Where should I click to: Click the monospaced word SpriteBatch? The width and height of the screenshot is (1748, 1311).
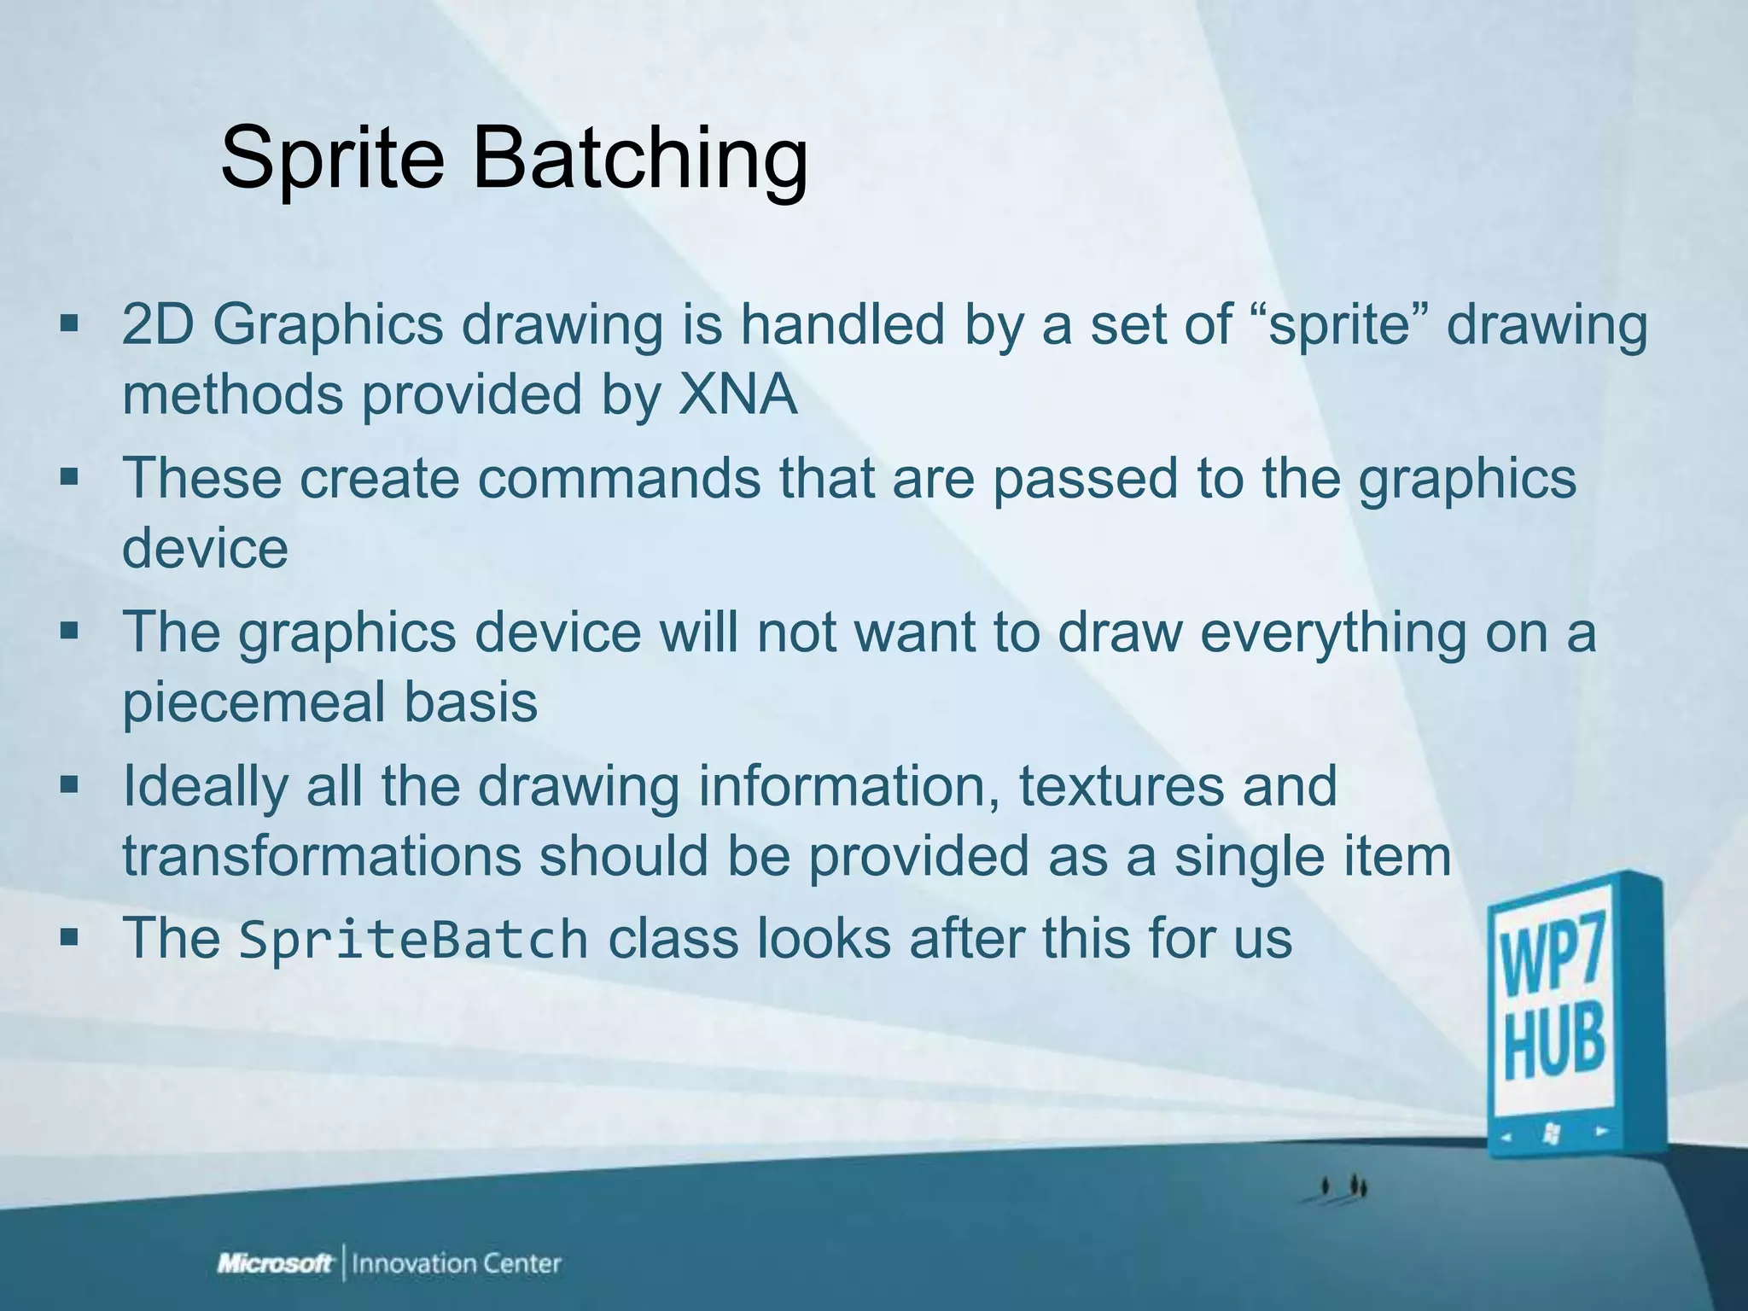[413, 940]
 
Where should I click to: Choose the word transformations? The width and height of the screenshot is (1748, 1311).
[321, 856]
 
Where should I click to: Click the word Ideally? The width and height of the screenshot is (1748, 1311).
[205, 786]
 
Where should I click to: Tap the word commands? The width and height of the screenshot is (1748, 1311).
[619, 478]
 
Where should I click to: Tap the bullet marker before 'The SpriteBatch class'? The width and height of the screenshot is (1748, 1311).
[69, 936]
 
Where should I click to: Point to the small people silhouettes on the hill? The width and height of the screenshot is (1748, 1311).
[1343, 1186]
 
